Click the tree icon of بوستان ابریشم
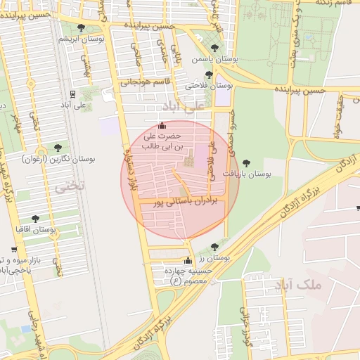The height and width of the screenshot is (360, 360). point(81,28)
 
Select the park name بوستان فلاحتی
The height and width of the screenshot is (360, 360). point(209,85)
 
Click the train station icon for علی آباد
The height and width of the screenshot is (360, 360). point(73,94)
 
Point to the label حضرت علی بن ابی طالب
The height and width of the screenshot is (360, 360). point(162,141)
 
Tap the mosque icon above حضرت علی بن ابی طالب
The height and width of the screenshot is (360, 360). point(162,125)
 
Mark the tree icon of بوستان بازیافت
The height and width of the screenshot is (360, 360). point(245,163)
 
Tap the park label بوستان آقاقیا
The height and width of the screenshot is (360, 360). point(37,229)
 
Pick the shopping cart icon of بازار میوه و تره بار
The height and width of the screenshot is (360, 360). point(14,250)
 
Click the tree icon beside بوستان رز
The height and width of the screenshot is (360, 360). point(214,247)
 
